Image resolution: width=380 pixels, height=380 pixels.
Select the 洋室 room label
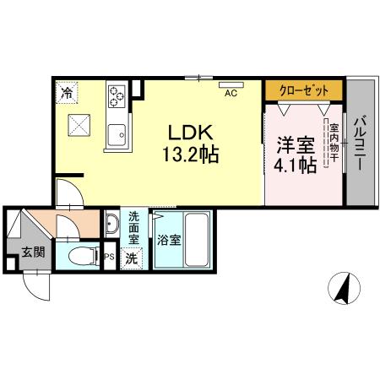(x=293, y=143)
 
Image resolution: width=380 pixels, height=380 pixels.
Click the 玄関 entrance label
(x=33, y=251)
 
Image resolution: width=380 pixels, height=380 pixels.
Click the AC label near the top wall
(x=230, y=93)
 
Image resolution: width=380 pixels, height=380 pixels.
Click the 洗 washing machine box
(x=132, y=258)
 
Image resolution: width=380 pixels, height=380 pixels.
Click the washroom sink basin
(x=112, y=225)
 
